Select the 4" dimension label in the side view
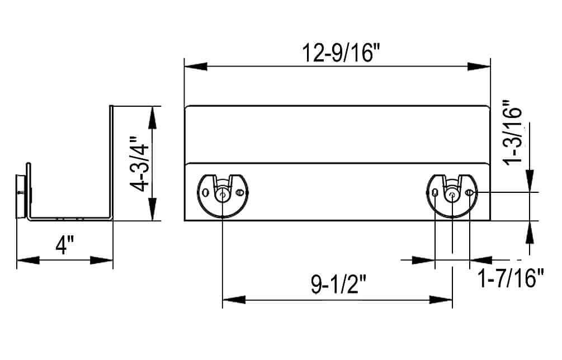click(65, 245)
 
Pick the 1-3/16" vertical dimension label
click(513, 132)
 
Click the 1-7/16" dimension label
click(511, 278)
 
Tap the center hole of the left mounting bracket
click(223, 194)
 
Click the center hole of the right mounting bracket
click(452, 194)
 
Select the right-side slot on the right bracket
click(469, 193)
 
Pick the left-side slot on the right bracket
click(435, 193)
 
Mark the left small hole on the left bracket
click(206, 193)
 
